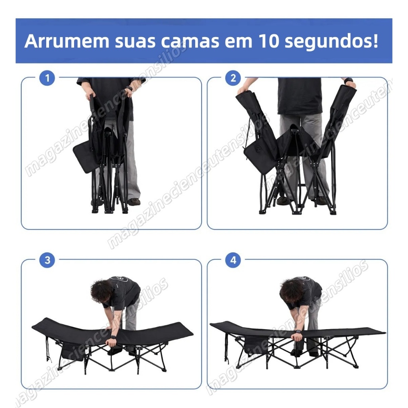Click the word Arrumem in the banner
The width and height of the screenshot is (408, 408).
67,41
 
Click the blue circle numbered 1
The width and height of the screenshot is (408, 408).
47,78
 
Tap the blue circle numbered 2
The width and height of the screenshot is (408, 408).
233,78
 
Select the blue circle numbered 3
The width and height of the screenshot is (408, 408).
47,260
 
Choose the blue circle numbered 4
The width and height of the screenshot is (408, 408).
233,260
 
